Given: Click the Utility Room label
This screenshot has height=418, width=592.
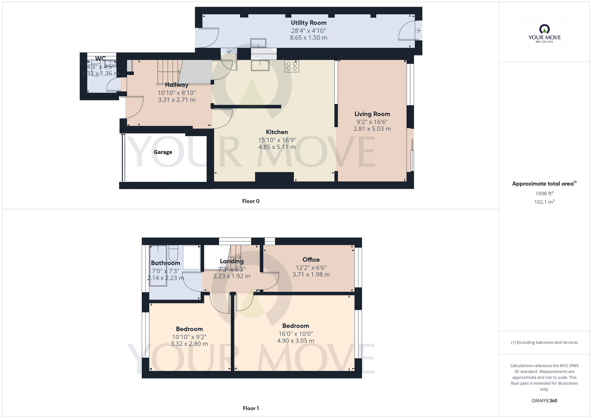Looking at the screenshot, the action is (308, 23).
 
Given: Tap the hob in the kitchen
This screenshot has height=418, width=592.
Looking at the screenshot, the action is (292, 66).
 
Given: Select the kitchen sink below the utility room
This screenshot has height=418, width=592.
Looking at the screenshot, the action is (260, 65).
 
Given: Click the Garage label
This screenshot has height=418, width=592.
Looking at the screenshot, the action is (163, 152).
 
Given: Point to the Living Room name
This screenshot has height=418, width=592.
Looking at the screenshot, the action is (372, 114).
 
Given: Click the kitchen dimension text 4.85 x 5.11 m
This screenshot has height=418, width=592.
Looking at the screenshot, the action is (277, 147).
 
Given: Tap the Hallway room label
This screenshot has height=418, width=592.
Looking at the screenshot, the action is (177, 85).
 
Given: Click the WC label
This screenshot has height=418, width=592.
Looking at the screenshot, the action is (100, 59).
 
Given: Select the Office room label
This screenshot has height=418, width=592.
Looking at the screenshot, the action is (311, 260).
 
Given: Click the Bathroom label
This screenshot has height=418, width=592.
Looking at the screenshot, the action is (165, 263).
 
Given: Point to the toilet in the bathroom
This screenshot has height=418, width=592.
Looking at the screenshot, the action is (173, 253).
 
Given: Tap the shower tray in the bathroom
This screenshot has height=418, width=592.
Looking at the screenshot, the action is (192, 257).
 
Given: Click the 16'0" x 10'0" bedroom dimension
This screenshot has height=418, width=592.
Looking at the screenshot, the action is (296, 334).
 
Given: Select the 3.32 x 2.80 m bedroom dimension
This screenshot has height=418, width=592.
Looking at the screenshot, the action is (189, 344).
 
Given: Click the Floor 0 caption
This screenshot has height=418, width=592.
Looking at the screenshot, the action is (251, 201).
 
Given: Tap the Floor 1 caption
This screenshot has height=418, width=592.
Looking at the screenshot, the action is (251, 408).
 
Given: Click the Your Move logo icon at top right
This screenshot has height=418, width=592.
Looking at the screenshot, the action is (544, 29).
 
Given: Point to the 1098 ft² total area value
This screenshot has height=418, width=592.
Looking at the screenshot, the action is (544, 193).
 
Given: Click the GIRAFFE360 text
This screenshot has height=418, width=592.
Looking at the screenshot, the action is (544, 401).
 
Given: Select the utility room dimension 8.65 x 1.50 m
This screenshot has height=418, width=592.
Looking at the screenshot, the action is (308, 38).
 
